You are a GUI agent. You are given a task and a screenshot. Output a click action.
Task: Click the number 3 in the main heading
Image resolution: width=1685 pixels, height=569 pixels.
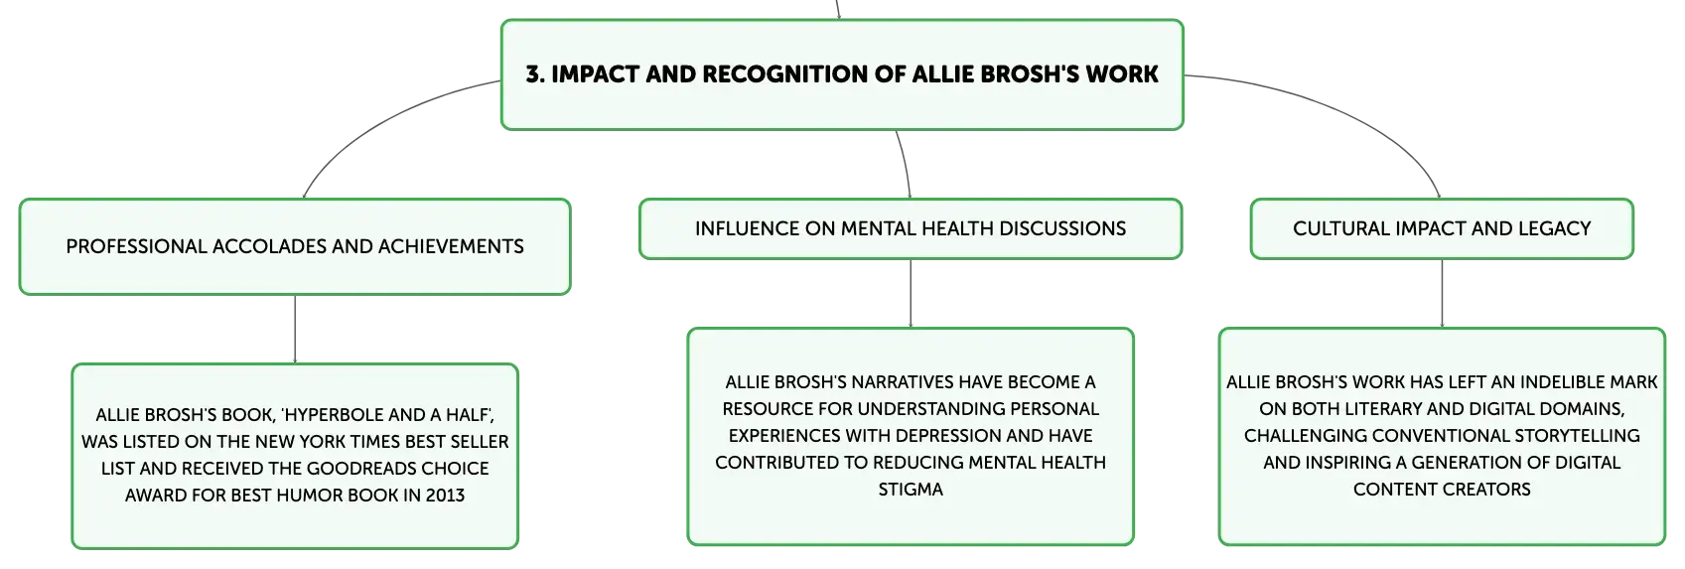click(533, 74)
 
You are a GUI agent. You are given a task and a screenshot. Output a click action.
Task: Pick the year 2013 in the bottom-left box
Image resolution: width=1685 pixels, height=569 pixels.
click(445, 496)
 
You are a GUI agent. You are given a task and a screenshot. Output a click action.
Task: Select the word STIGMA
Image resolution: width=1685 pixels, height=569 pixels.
click(911, 490)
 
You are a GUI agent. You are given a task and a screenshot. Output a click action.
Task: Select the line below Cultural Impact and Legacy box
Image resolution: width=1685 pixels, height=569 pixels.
click(1442, 294)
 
